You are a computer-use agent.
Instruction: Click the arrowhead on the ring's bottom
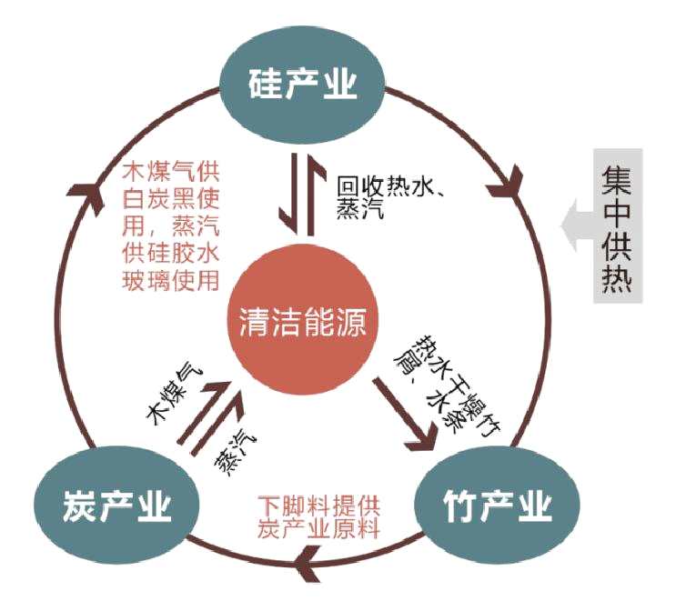[x=313, y=571]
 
